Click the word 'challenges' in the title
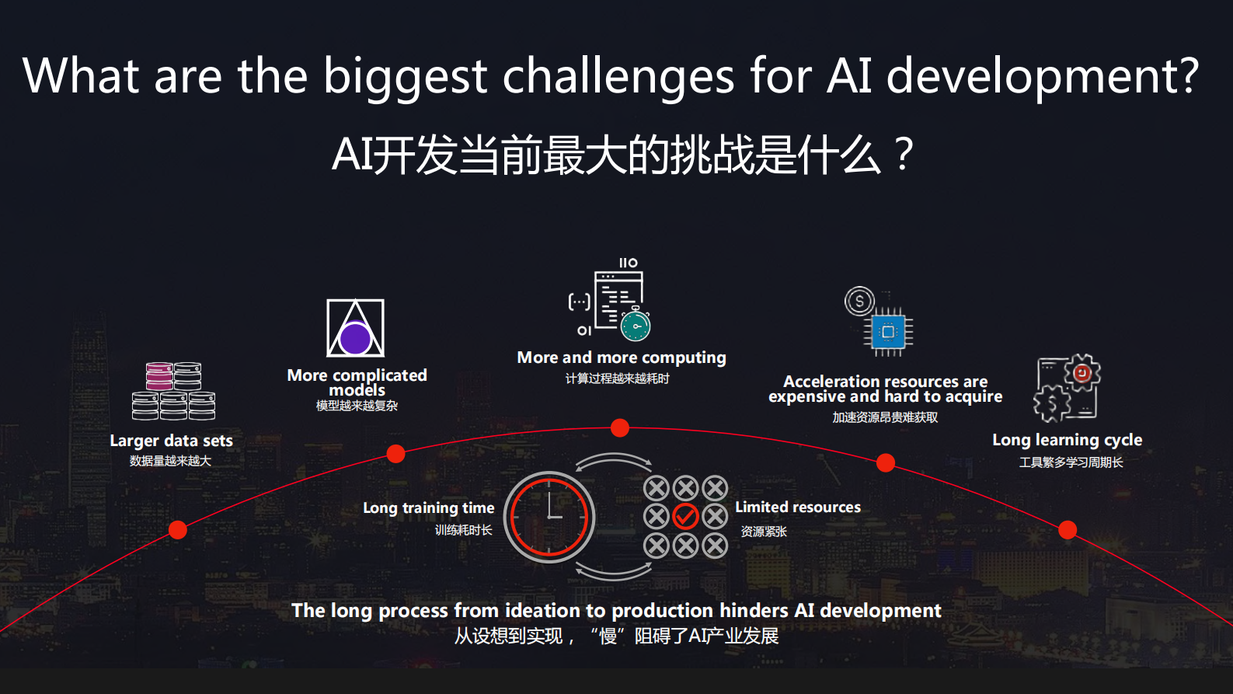(618, 76)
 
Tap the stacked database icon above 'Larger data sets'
(173, 391)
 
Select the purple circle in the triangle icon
(355, 339)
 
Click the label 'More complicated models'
(357, 382)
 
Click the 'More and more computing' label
(622, 357)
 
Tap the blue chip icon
(888, 332)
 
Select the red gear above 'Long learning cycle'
(1082, 373)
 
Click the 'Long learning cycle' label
(1067, 440)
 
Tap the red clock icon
(549, 517)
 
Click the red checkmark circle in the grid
(685, 516)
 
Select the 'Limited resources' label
(798, 507)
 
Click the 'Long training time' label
(428, 508)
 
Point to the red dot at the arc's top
(619, 427)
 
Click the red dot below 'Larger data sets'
(178, 530)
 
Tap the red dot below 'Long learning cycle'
(1068, 530)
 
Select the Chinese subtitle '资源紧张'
(764, 532)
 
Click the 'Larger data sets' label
(171, 441)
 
